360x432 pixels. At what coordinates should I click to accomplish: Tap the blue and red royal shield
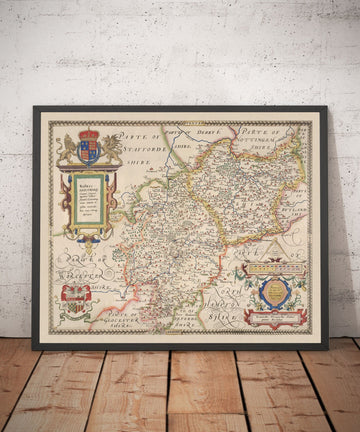click(89, 151)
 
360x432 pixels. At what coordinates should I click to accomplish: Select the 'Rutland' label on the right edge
click(300, 210)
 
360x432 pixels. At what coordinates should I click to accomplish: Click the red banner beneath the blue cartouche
click(275, 318)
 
